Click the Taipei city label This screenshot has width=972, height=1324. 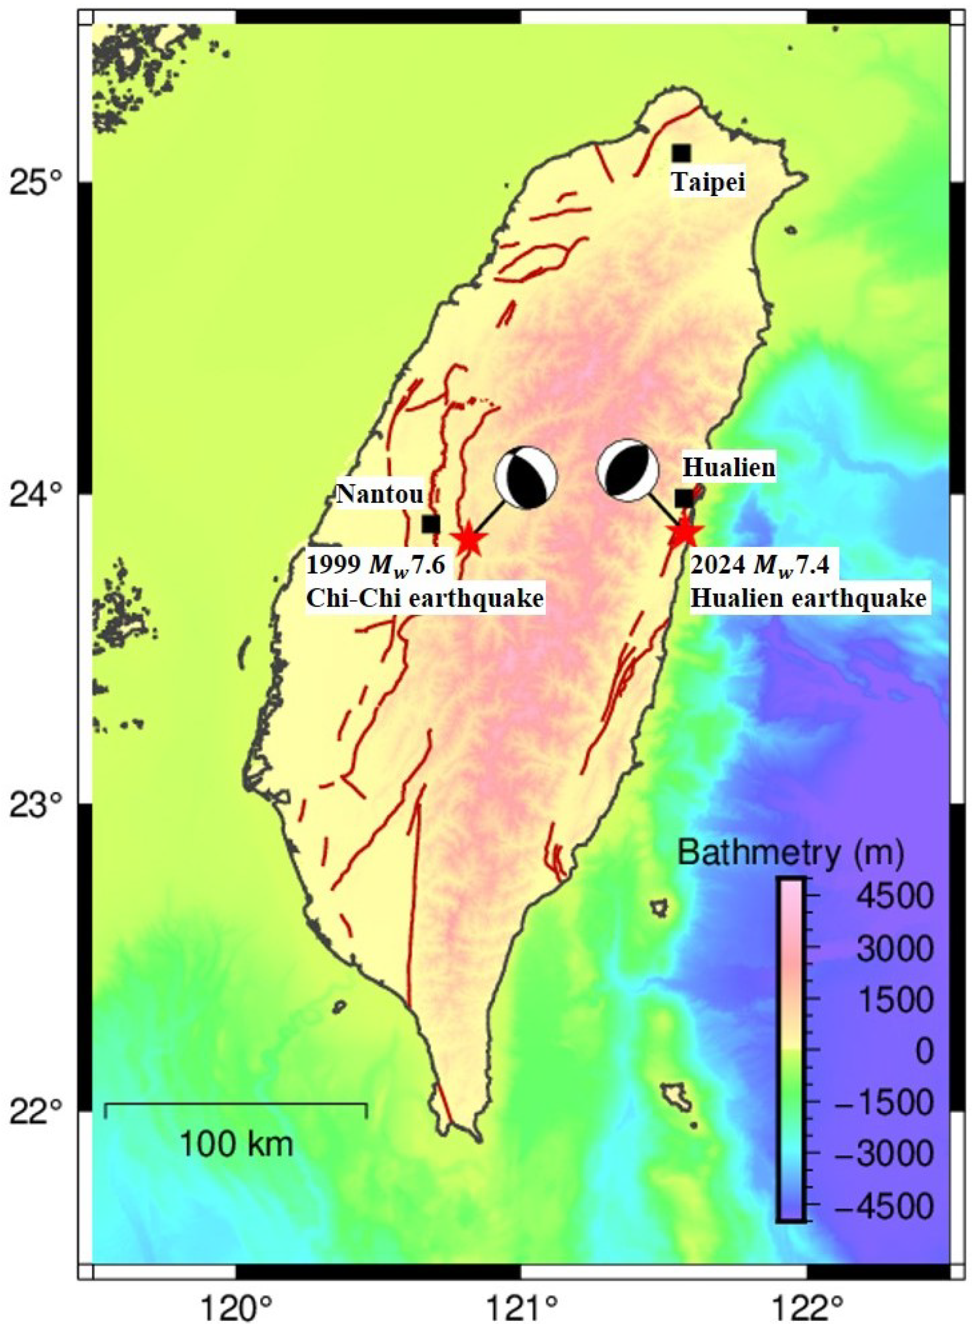coord(708,183)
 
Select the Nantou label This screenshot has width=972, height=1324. coord(379,495)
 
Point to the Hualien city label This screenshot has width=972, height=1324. coord(728,468)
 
